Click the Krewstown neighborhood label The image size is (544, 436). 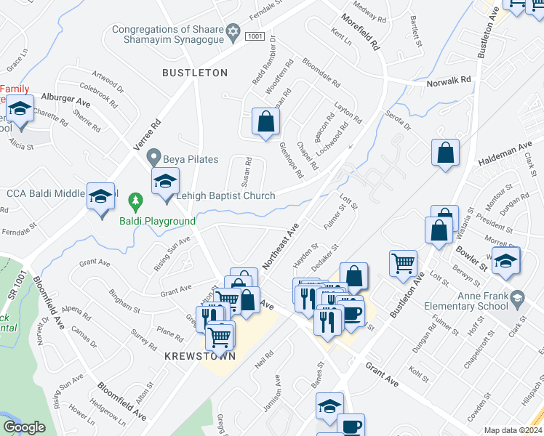click(x=193, y=356)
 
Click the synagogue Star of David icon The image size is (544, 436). click(x=233, y=30)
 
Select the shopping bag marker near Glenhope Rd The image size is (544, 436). click(x=266, y=122)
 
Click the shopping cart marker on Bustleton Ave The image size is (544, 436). click(x=403, y=264)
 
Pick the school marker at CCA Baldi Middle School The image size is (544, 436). click(x=101, y=198)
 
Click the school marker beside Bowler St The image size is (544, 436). click(x=505, y=262)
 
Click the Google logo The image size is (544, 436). click(x=24, y=427)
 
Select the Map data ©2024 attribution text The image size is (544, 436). click(x=513, y=430)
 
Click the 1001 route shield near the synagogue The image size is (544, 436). click(x=254, y=36)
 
